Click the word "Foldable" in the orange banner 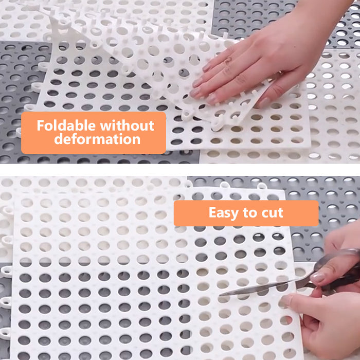(66, 125)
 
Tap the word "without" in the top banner (127, 125)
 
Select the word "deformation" (97, 139)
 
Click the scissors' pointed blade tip (220, 295)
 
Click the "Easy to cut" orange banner (246, 213)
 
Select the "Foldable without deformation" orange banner (94, 133)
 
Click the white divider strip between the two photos (180, 170)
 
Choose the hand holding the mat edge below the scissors (326, 326)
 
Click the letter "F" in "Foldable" (41, 125)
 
